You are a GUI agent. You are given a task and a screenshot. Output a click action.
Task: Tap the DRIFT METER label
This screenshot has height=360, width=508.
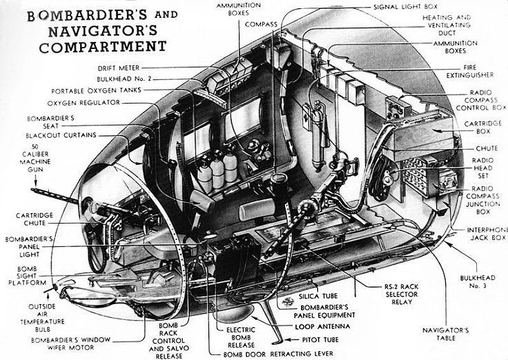coord(119,67)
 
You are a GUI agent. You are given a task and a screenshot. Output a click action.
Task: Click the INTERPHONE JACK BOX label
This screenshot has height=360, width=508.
coord(488,233)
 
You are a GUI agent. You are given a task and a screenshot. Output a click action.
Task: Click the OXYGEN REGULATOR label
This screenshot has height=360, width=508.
coord(83,103)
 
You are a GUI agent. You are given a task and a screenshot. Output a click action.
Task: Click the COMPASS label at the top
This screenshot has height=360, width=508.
coord(262,23)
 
